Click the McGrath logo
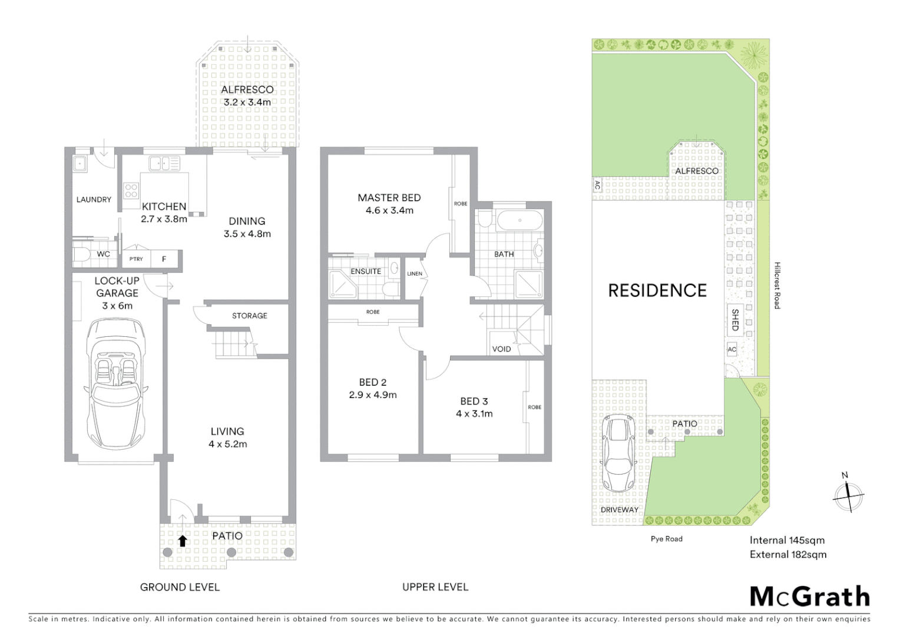tap(810, 597)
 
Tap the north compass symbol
tap(848, 496)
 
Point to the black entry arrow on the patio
tap(183, 541)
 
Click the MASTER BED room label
tap(389, 198)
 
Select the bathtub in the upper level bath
tap(519, 221)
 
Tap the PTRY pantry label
tap(136, 259)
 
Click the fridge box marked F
tap(164, 259)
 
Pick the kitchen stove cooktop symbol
tap(131, 190)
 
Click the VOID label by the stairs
tap(501, 349)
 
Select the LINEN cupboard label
tap(415, 274)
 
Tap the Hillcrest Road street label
tap(777, 286)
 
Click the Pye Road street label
tap(666, 539)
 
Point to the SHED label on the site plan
tap(735, 319)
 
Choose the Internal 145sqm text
tap(787, 540)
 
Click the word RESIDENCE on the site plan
tap(657, 290)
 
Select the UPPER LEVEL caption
tap(435, 587)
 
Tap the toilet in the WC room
tap(81, 254)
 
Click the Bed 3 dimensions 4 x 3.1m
tap(474, 414)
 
